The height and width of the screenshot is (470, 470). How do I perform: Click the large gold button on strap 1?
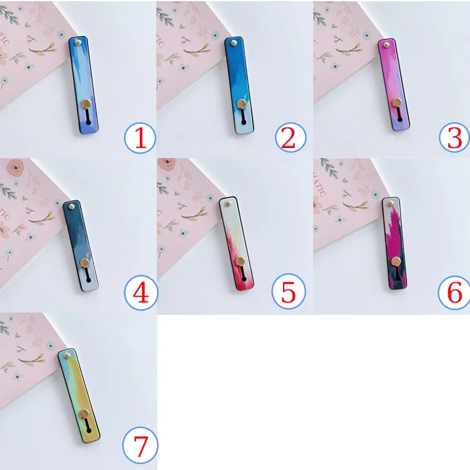pyautogui.click(x=85, y=105)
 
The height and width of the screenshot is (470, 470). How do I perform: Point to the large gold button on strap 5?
pyautogui.click(x=241, y=263)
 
